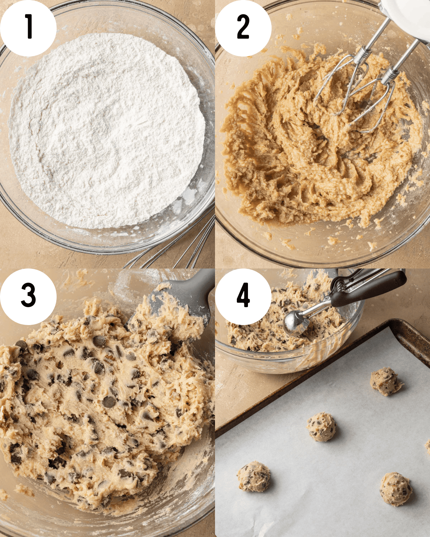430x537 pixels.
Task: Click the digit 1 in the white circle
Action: (29, 26)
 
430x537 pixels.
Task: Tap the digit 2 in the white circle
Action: (243, 27)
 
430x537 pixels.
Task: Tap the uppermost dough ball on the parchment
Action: (386, 381)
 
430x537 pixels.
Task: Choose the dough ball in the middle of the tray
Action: (321, 427)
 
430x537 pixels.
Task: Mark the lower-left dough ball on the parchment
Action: (254, 476)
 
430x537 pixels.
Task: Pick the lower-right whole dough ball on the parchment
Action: (396, 489)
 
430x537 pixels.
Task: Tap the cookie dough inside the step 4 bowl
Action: (258, 333)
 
